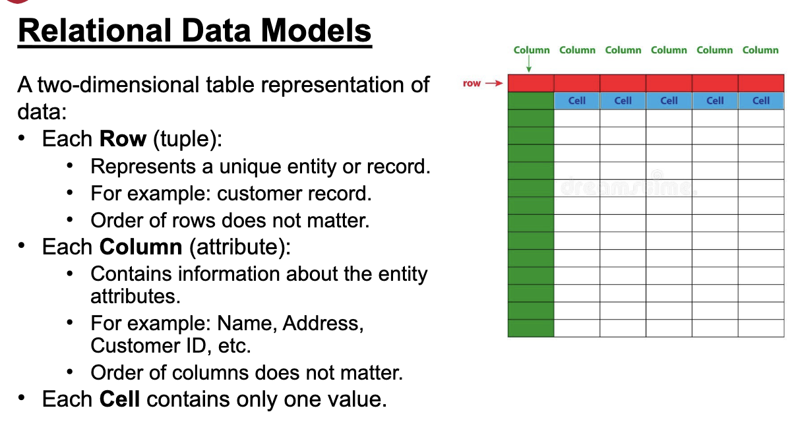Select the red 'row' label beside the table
pos(472,83)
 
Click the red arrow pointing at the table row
pos(494,83)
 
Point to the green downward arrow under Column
pos(529,64)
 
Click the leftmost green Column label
pos(532,50)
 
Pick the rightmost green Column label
pos(760,50)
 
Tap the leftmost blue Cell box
pos(577,101)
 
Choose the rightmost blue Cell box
pos(761,101)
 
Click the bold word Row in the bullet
pos(123,138)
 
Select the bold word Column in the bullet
pos(140,246)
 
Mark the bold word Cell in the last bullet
pos(119,399)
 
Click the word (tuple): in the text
pos(188,139)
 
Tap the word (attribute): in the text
pos(240,247)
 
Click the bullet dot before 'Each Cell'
pos(22,397)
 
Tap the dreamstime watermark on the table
pos(629,185)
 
